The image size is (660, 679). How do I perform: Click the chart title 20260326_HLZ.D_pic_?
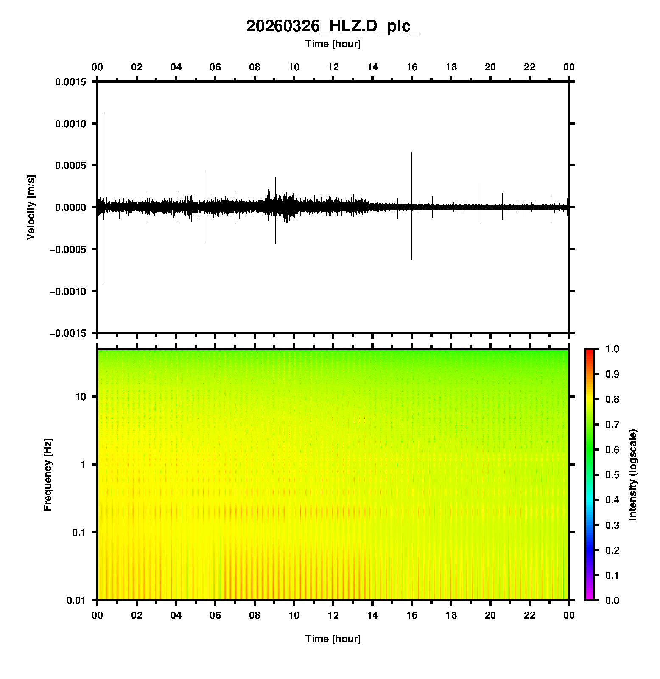[333, 26]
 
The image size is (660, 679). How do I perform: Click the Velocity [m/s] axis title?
[31, 207]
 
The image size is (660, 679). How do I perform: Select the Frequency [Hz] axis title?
[48, 475]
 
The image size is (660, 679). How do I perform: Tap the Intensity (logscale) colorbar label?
[633, 474]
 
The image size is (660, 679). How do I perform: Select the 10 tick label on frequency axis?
[80, 397]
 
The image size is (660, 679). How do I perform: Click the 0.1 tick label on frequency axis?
[78, 533]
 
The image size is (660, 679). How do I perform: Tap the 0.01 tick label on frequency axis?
[76, 600]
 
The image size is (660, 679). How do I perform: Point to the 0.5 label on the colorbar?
[612, 475]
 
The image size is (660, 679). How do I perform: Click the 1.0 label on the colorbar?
[612, 349]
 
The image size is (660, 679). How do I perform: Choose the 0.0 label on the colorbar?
[612, 600]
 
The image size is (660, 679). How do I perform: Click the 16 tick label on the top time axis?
[412, 67]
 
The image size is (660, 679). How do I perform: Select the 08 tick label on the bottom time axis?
[254, 615]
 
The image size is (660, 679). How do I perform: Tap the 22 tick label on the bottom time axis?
[530, 615]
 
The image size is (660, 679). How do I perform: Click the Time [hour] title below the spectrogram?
[333, 639]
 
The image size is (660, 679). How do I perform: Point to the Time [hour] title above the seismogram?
[333, 44]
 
